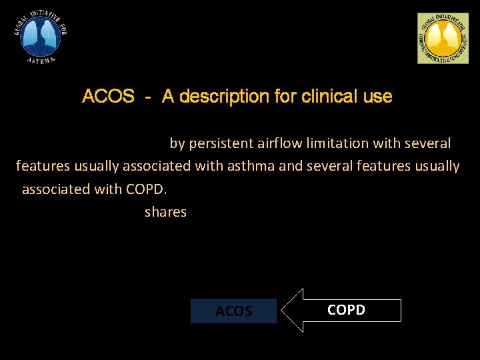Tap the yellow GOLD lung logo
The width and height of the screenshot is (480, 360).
tap(443, 39)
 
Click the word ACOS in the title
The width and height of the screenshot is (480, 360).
tap(108, 97)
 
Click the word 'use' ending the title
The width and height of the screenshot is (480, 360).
tap(378, 97)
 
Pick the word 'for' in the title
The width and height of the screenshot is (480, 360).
tap(285, 97)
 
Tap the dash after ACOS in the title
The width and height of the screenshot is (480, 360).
tap(147, 97)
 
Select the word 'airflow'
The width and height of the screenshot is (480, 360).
tap(281, 143)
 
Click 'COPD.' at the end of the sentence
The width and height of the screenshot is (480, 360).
tap(147, 189)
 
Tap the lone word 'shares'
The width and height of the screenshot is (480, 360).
tap(165, 212)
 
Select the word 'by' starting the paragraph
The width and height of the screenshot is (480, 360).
tap(177, 143)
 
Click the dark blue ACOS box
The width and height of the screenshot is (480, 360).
tap(233, 311)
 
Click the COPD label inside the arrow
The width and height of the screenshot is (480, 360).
tap(346, 310)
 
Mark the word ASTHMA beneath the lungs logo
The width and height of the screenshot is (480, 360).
tap(42, 59)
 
